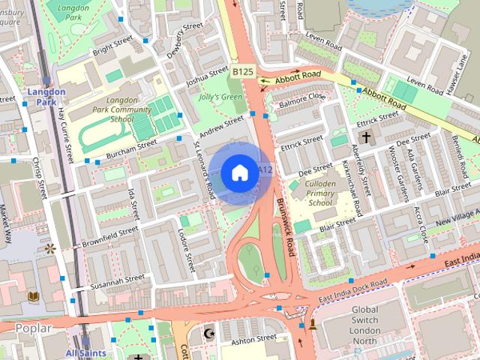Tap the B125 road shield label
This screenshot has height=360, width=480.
(241, 72)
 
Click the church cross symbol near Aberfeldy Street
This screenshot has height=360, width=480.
(366, 137)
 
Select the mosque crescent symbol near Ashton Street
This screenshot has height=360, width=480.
(210, 332)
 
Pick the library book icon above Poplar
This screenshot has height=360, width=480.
(33, 298)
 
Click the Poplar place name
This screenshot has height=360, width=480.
(33, 328)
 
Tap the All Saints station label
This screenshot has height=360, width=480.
(85, 352)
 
